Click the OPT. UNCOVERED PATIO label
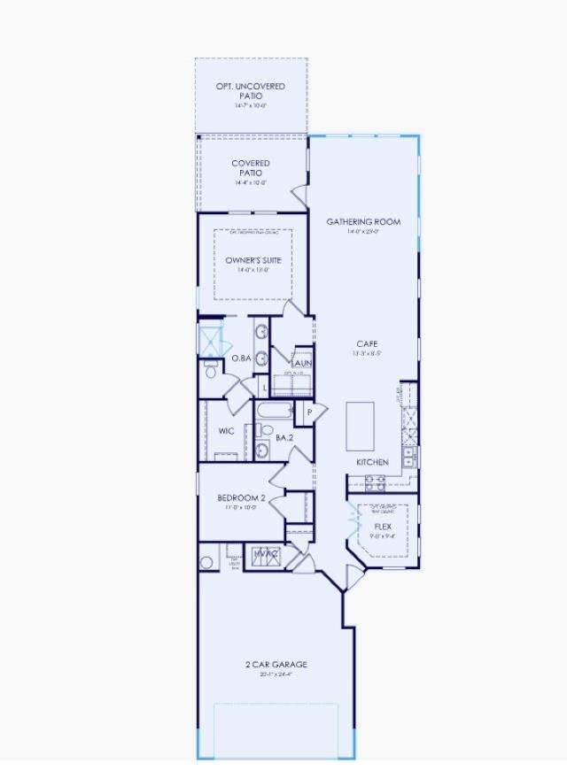[x=252, y=90]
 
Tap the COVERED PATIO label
[x=251, y=168]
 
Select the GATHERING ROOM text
[x=363, y=222]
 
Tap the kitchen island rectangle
[x=360, y=426]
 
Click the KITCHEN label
[x=372, y=462]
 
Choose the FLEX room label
[x=383, y=526]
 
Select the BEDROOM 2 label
[x=242, y=498]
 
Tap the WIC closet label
[x=226, y=431]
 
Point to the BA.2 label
[x=284, y=437]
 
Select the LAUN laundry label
[x=301, y=363]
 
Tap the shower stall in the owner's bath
[x=210, y=341]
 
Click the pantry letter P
[x=310, y=412]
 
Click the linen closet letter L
[x=265, y=387]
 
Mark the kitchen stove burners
[x=375, y=481]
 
